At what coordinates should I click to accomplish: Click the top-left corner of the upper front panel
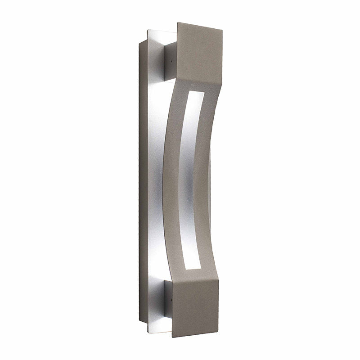(178, 22)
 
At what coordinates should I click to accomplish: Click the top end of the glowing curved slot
(189, 93)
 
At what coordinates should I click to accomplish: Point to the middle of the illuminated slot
(185, 180)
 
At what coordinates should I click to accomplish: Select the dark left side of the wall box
(143, 180)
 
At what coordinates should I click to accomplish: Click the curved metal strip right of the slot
(204, 180)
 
